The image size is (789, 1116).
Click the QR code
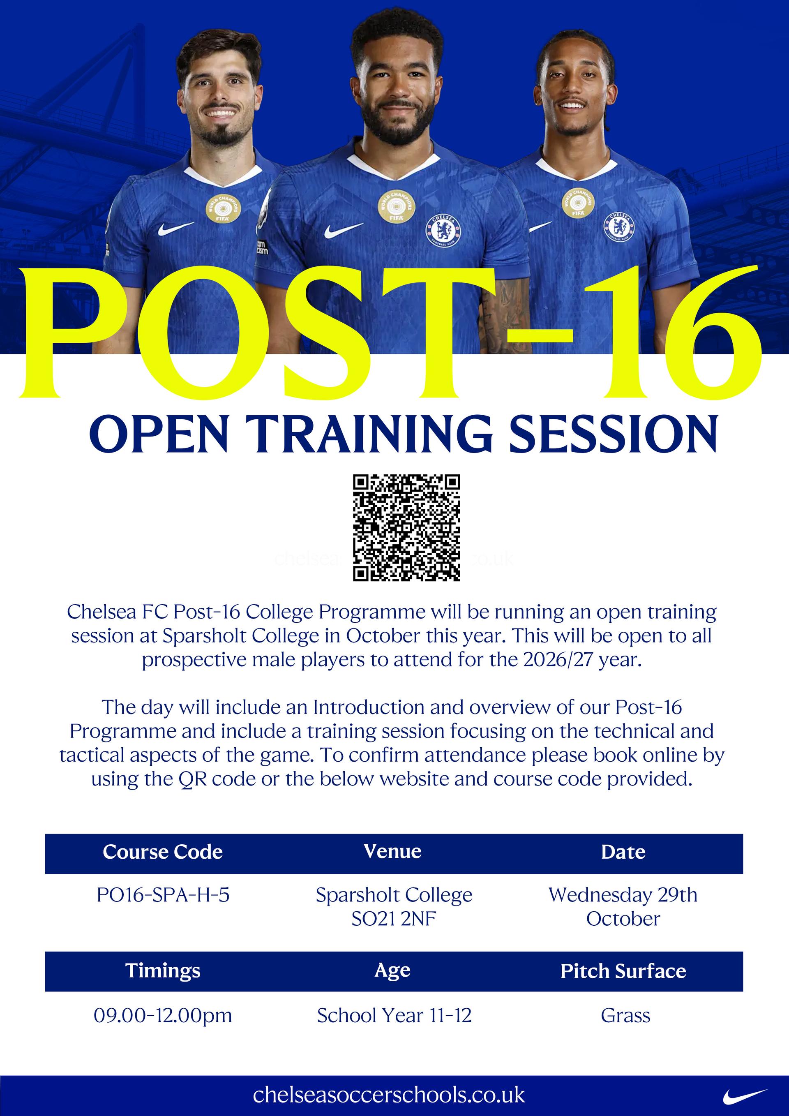406,528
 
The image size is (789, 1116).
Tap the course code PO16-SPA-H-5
163,895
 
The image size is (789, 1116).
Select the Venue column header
392,851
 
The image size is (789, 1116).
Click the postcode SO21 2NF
394,919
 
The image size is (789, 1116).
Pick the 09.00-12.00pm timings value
163,1015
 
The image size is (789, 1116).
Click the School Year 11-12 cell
394,1015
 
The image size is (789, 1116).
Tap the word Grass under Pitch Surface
625,1015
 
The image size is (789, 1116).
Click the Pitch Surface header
623,970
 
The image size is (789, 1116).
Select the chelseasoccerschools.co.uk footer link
389,1095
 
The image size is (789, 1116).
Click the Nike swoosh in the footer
744,1096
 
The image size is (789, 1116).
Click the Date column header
623,852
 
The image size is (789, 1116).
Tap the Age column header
392,970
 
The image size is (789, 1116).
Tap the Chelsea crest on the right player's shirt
619,226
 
